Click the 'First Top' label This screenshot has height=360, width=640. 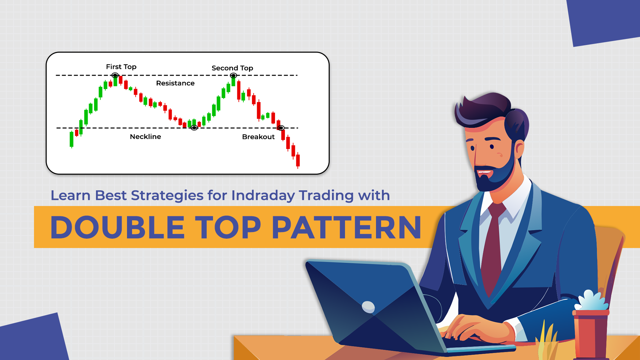(121, 67)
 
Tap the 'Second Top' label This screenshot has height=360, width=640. (232, 68)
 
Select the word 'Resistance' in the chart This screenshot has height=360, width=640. (175, 83)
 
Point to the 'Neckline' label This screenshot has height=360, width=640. (145, 137)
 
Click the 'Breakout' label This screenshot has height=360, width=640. (258, 137)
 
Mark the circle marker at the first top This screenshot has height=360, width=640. (115, 75)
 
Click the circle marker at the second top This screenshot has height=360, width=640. (233, 76)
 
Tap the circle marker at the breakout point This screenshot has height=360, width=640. (281, 128)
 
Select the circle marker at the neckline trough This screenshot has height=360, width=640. (194, 128)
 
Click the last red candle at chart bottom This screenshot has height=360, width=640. (298, 160)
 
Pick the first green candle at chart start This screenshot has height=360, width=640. (71, 139)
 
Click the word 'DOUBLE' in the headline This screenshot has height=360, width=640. (117, 227)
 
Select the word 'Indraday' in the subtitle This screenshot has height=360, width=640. (263, 195)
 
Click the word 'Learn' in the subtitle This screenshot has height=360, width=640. (70, 195)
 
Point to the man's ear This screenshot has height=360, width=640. (519, 150)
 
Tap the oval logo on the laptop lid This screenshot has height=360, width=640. (368, 307)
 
